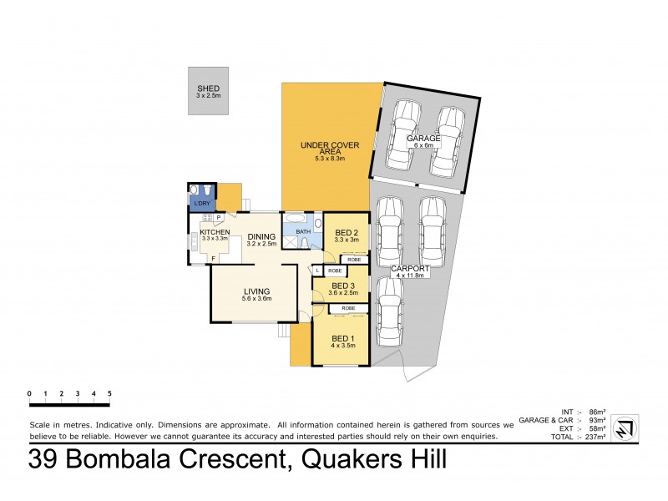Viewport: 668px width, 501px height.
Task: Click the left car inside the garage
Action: [404, 132]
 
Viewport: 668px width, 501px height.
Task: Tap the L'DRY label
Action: [201, 204]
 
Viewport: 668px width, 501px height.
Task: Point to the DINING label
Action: [261, 235]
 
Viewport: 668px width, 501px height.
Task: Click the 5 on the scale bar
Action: [109, 392]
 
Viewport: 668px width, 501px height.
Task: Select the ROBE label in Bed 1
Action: [349, 308]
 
